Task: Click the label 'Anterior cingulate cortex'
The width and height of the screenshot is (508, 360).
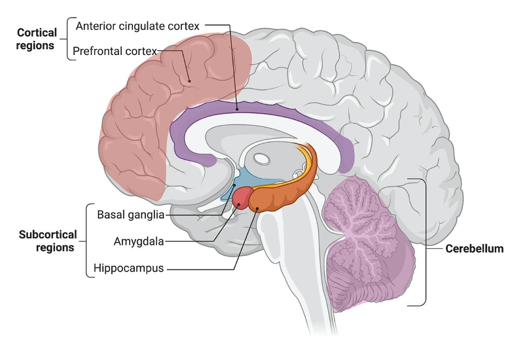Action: click(137, 26)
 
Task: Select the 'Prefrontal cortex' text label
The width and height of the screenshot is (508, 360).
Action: click(115, 50)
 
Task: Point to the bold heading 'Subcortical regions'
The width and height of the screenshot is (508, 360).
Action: click(48, 240)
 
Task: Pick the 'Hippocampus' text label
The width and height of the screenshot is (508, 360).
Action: click(128, 268)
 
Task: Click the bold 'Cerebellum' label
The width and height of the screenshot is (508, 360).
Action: click(474, 249)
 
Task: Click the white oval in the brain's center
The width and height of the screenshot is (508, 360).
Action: click(261, 158)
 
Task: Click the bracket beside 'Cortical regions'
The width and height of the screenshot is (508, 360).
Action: click(67, 39)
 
